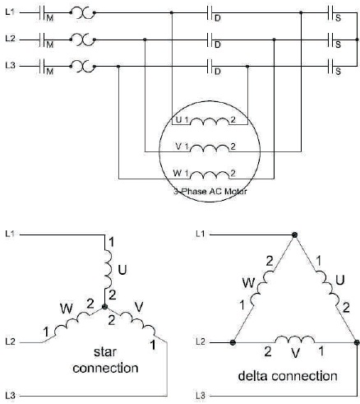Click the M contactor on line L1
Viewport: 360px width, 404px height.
point(43,13)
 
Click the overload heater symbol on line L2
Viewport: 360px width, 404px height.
point(82,39)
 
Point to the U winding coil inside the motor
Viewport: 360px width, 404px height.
point(210,121)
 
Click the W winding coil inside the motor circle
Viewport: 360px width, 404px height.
point(210,175)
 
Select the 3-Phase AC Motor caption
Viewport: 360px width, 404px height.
point(210,191)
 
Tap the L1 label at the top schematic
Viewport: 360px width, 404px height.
point(11,12)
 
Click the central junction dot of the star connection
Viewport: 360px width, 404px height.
point(104,307)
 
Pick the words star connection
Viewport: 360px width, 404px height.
point(105,360)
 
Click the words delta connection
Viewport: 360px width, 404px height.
point(288,376)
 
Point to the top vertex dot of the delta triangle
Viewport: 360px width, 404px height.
point(294,235)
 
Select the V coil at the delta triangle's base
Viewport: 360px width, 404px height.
point(295,339)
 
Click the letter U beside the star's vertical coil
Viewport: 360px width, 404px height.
point(122,270)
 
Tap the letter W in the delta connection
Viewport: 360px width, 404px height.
point(248,283)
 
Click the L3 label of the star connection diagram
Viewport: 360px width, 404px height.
point(10,396)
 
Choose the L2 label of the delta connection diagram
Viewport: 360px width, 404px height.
point(201,342)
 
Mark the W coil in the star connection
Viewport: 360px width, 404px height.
point(72,322)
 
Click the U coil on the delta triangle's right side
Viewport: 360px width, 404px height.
point(328,288)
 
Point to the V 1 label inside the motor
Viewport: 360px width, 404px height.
point(182,146)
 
